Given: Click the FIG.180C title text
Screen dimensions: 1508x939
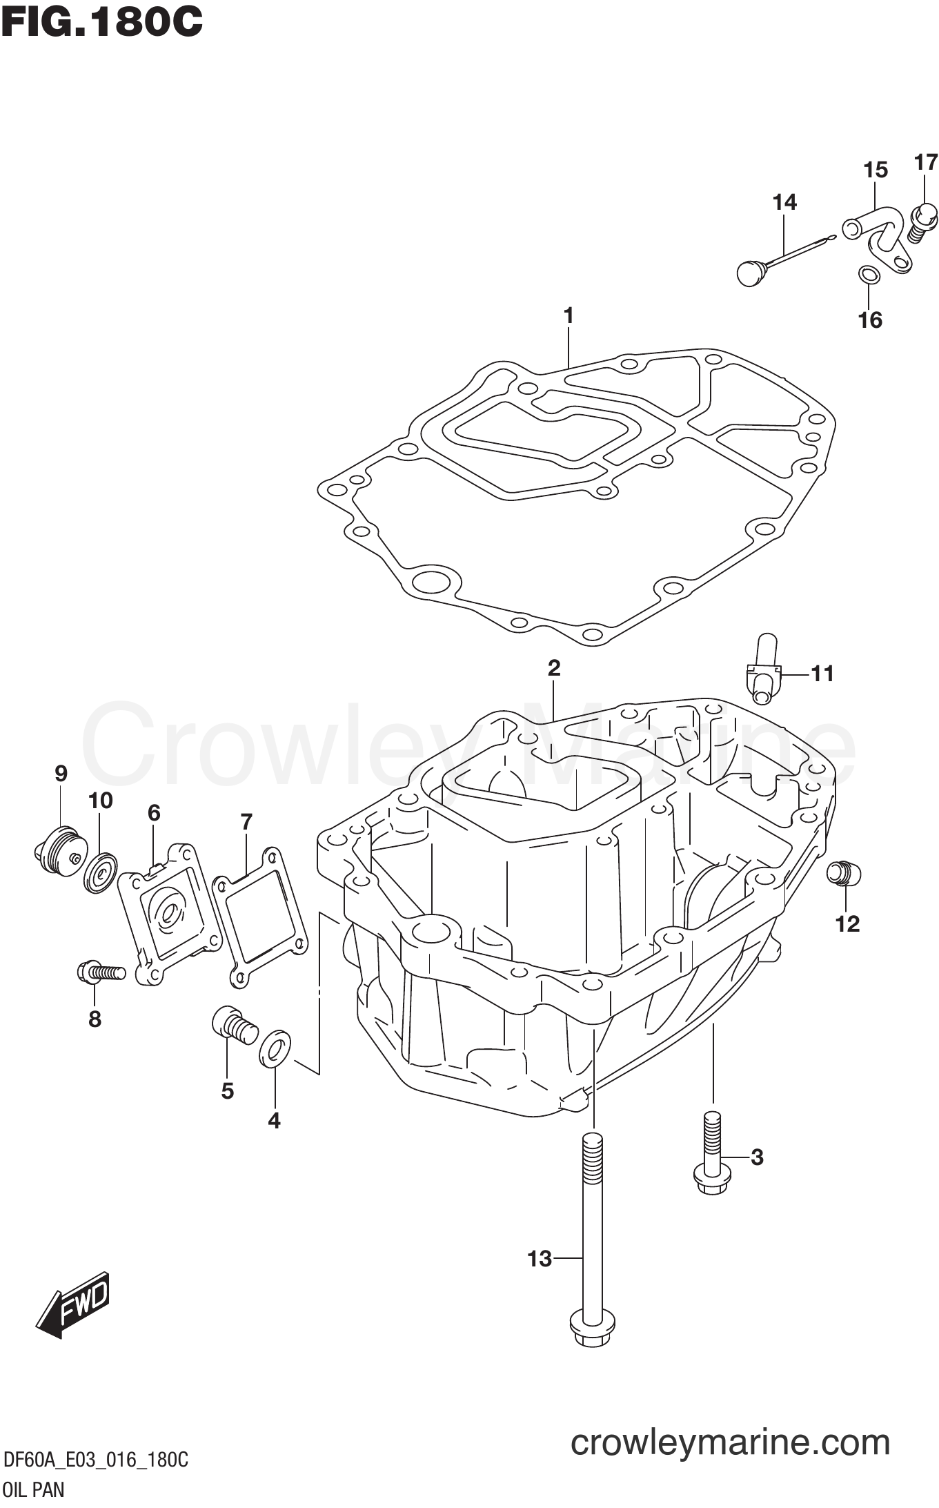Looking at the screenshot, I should pos(102,22).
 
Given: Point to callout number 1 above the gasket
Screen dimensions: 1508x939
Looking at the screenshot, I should pos(569,315).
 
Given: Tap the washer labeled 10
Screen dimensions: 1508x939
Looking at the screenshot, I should pos(101,873).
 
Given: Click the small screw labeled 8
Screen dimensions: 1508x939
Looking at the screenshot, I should pos(101,972).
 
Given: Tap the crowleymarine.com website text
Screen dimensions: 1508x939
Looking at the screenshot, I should pos(730,1442).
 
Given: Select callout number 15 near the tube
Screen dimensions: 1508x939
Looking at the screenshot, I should pos(876,170).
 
